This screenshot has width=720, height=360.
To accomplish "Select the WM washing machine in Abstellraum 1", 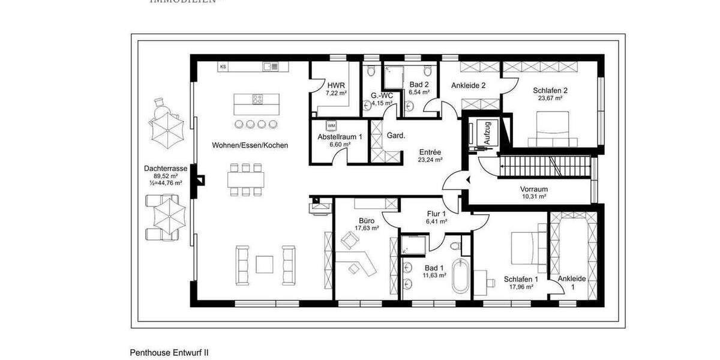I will click(331, 126).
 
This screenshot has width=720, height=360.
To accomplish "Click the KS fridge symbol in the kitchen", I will click(223, 66).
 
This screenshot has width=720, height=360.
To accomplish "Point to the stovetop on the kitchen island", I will click(258, 100).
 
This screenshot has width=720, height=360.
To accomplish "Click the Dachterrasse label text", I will click(166, 169).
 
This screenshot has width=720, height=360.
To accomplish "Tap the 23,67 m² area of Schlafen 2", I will click(550, 98).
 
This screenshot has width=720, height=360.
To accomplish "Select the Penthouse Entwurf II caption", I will click(169, 353).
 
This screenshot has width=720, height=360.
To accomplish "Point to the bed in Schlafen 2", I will click(553, 132).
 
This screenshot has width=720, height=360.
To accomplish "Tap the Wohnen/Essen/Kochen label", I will click(250, 146).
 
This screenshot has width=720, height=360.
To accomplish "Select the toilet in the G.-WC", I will click(370, 71).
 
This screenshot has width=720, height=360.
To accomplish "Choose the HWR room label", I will click(335, 85).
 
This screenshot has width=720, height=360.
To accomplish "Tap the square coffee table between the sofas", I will click(266, 264).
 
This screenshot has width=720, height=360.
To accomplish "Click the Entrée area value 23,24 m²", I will click(430, 160).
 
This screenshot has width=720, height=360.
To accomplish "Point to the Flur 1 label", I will click(436, 214).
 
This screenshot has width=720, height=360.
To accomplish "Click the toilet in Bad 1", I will click(457, 246).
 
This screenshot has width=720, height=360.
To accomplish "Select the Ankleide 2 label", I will click(468, 85).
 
